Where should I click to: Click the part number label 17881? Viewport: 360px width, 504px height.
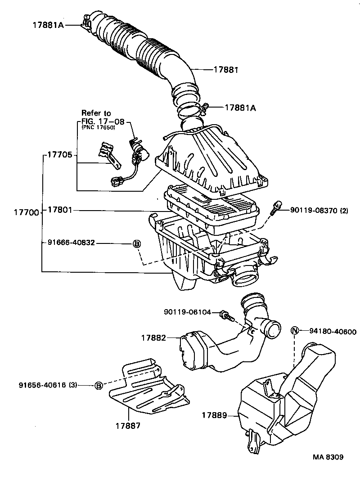(x=225, y=70)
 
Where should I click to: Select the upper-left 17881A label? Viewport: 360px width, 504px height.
(x=48, y=25)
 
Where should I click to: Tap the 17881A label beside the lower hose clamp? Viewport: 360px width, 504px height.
(x=240, y=108)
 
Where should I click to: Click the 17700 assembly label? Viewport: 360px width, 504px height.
(x=19, y=212)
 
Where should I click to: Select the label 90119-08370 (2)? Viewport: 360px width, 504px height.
(x=319, y=209)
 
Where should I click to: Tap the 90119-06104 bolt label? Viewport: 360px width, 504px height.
(x=187, y=312)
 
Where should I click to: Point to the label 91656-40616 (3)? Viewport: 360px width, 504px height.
(x=48, y=385)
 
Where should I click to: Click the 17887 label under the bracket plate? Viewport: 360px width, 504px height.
(x=128, y=425)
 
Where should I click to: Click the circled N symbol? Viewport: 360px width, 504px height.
(x=295, y=331)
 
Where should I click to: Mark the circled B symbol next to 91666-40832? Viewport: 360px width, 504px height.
(x=137, y=243)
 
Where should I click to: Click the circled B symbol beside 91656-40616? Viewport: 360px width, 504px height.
(x=99, y=385)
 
